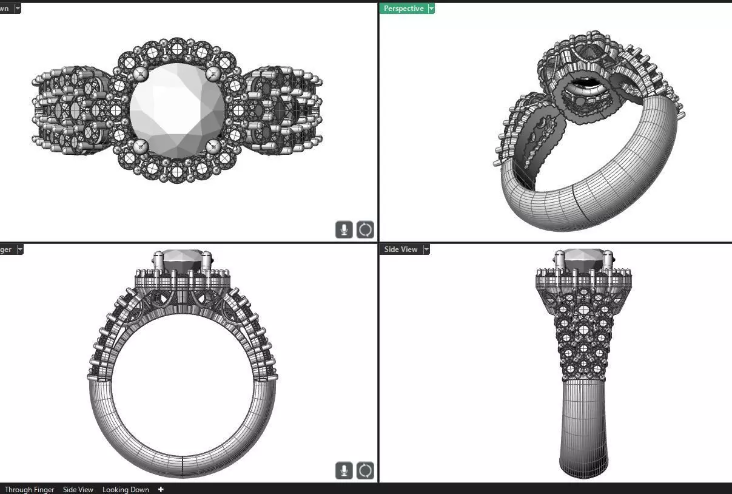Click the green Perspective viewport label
[403, 8]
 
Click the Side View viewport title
[401, 249]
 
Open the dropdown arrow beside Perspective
[431, 8]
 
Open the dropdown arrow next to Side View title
[426, 249]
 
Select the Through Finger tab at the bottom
[29, 489]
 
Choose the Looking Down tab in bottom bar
[126, 489]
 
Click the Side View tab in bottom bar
[78, 489]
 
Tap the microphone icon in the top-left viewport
[344, 229]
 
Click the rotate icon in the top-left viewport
[365, 229]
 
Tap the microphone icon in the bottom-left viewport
[344, 470]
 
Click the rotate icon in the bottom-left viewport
[365, 470]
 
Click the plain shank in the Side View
[583, 425]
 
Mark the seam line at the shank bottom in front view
[183, 464]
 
